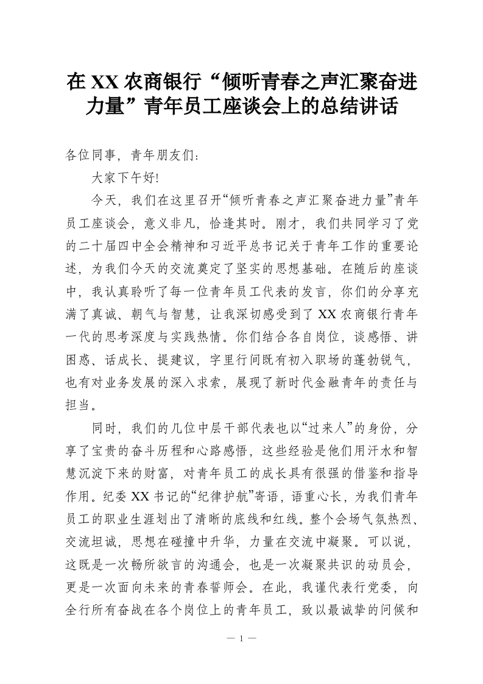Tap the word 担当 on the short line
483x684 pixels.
pyautogui.click(x=79, y=405)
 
